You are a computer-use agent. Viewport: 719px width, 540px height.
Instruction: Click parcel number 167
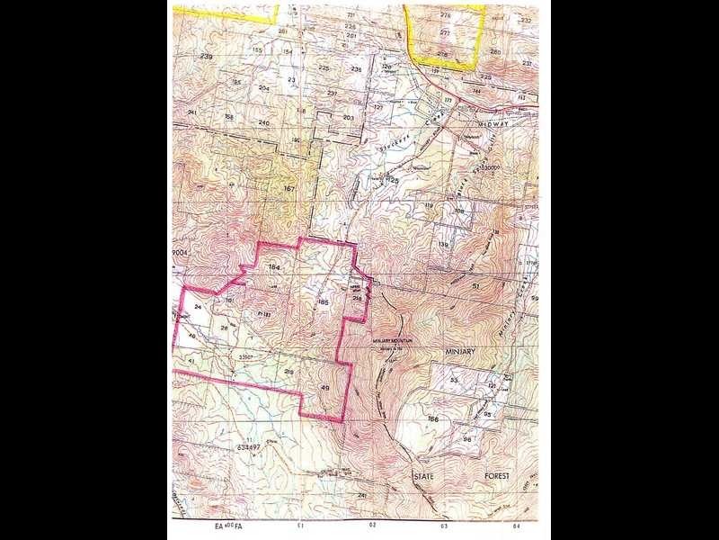pos(288,188)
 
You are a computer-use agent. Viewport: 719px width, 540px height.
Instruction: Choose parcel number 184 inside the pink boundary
pos(274,267)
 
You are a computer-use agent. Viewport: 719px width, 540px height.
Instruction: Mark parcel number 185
pos(323,303)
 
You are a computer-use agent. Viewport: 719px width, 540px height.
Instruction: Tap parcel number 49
pos(324,388)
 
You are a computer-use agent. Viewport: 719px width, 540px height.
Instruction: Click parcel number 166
pos(435,419)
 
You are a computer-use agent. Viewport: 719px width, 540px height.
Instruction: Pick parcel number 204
pos(264,88)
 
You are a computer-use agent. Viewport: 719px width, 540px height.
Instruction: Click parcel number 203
pos(349,117)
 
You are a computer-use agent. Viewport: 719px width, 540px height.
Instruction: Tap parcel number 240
pos(263,121)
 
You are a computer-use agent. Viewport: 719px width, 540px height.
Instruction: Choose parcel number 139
pos(443,244)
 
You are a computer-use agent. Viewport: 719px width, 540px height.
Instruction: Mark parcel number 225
pos(324,68)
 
